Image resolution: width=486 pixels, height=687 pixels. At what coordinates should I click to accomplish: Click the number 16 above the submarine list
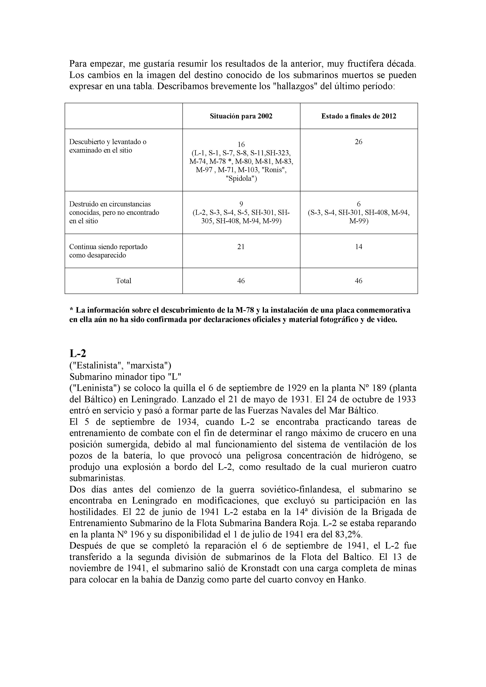(241, 145)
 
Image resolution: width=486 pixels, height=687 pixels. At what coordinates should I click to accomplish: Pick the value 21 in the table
(241, 247)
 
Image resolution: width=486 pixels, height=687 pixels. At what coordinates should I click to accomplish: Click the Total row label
(123, 281)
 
